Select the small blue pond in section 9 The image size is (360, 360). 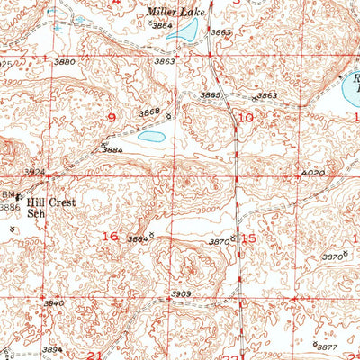click(151, 138)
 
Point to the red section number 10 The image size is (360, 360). click(246, 117)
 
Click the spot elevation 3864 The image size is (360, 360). click(162, 27)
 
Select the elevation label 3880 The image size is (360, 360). click(65, 61)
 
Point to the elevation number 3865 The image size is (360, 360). click(209, 94)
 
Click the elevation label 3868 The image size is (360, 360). click(149, 111)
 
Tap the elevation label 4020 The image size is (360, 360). click(312, 171)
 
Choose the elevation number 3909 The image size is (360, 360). click(183, 293)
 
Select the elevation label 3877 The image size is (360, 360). click(327, 346)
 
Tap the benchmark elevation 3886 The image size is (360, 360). click(10, 207)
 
